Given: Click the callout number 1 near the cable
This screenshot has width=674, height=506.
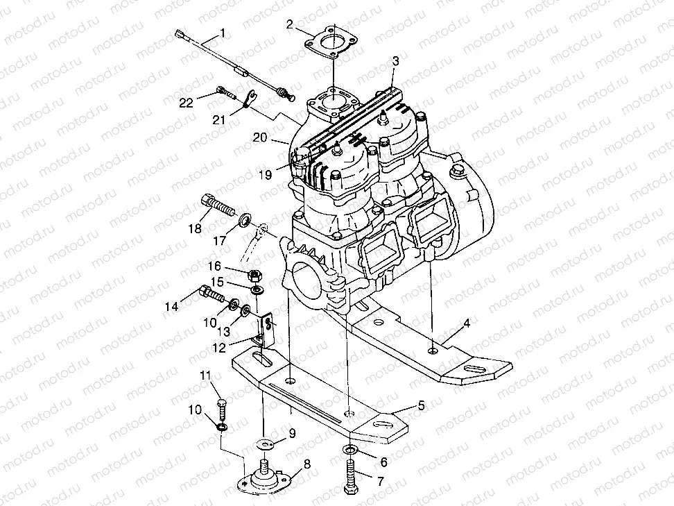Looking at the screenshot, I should [x=223, y=32].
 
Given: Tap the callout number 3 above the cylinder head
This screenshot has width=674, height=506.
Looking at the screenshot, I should [x=395, y=61].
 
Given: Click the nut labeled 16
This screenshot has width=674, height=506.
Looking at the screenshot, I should [x=254, y=273].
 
